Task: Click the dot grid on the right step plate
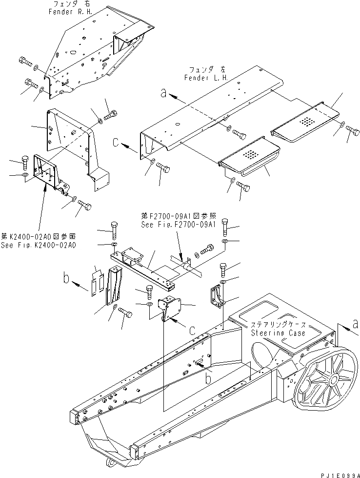[305, 120]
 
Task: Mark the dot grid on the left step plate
[249, 154]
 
